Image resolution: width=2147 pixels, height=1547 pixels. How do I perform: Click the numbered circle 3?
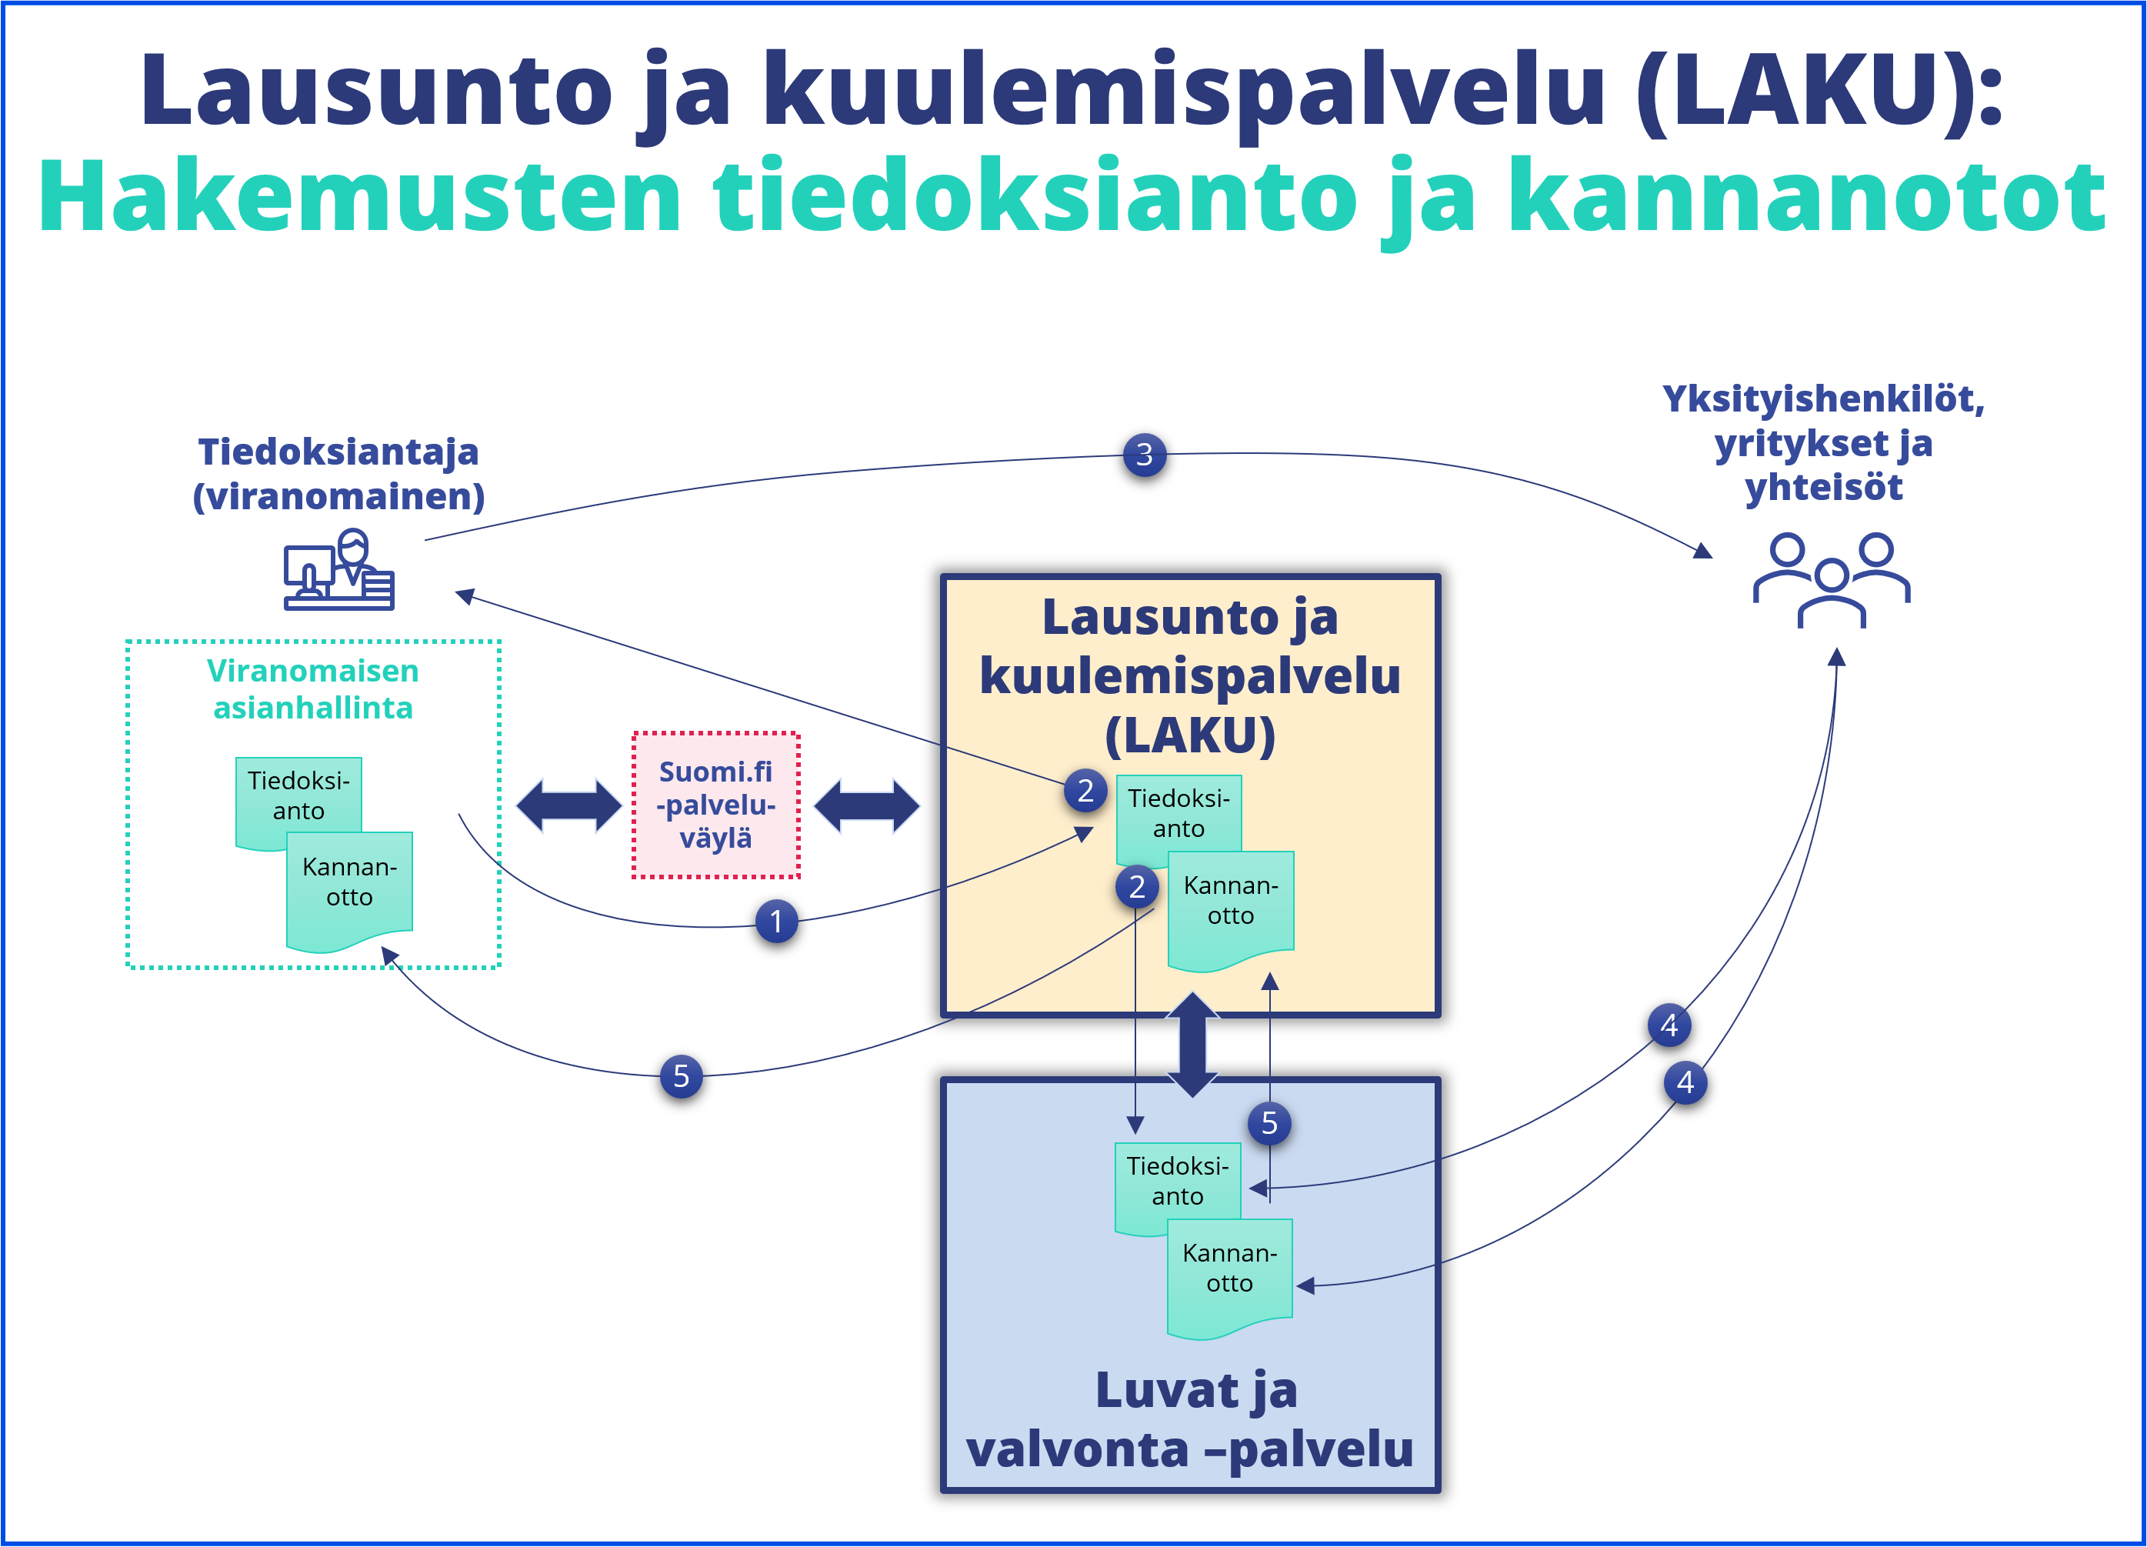coord(1144,455)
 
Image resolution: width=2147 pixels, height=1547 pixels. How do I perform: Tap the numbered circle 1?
coord(776,921)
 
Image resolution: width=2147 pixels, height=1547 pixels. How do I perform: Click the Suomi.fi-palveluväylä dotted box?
coord(715,805)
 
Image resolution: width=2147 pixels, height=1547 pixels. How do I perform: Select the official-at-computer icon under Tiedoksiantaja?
coord(339,570)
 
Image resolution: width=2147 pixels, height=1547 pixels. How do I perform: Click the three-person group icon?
coord(1831,579)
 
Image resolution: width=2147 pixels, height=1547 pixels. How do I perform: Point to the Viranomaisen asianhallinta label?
coord(313,689)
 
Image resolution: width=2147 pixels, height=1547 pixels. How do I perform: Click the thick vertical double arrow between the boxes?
coord(1193,1044)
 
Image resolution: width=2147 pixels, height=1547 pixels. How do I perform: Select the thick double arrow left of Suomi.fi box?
coord(569,805)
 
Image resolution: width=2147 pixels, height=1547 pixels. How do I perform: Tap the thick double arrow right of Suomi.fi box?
coord(866,805)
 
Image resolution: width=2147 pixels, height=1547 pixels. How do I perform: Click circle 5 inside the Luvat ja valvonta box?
coord(1269,1124)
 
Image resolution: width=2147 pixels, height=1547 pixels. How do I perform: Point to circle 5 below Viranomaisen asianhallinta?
coord(681,1076)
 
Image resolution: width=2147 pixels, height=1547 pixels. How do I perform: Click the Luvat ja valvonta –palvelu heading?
coord(1191,1419)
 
